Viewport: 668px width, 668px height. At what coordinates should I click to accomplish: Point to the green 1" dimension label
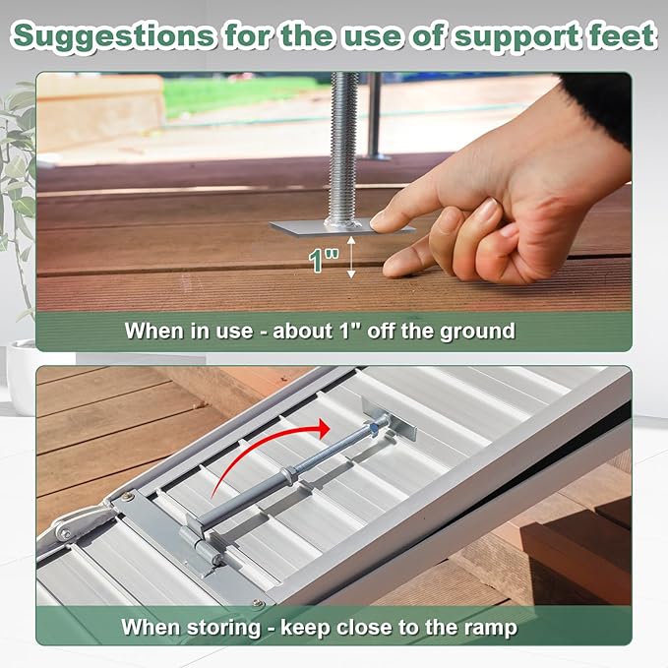tap(324, 260)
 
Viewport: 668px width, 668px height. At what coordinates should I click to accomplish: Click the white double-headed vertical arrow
tap(351, 258)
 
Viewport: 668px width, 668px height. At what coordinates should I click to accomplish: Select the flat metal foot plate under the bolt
tap(340, 227)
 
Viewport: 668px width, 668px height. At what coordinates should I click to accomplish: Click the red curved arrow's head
tap(324, 428)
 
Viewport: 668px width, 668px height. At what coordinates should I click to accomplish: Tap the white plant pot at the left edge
tap(22, 377)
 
